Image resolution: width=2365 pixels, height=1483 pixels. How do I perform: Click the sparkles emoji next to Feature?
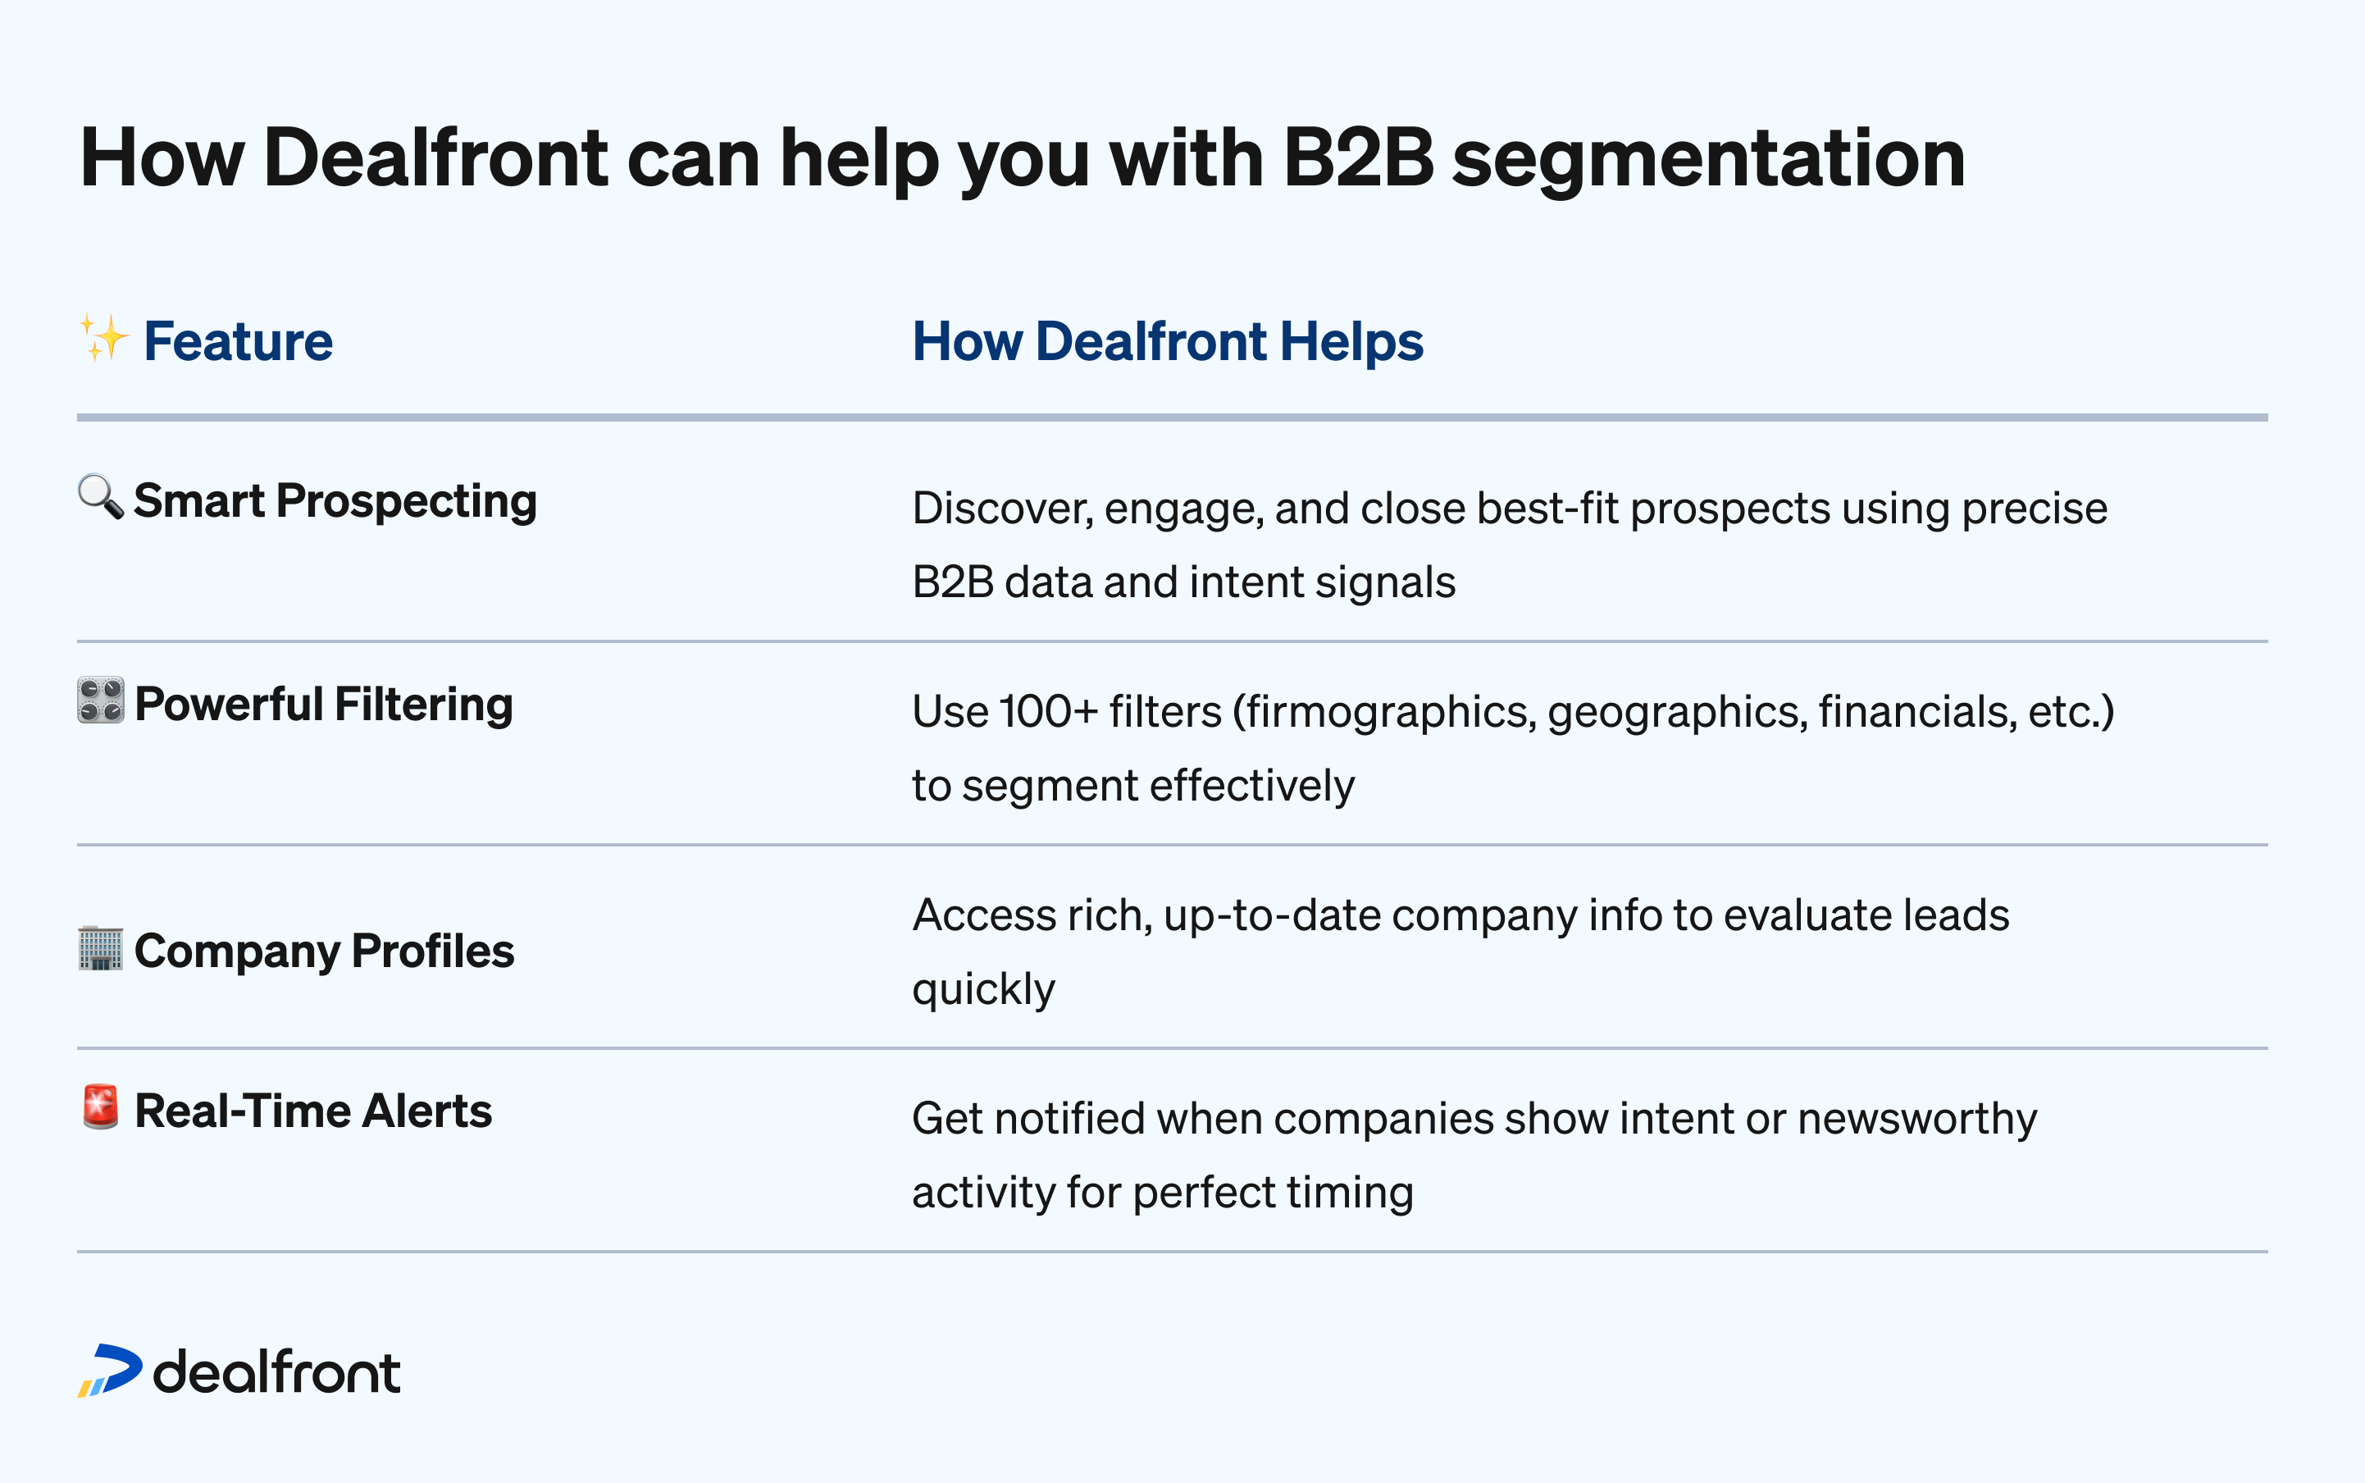tap(103, 339)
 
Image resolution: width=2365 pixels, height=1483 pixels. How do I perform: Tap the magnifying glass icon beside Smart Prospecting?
tap(100, 497)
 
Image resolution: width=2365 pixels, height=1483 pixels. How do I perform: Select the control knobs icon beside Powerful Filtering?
tap(100, 700)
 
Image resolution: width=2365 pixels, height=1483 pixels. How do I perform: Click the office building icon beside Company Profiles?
tap(100, 948)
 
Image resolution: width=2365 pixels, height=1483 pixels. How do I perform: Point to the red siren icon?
tap(100, 1107)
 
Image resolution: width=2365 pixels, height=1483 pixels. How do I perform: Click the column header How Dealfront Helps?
tap(1167, 341)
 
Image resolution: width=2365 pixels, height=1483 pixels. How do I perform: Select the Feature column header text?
tap(239, 341)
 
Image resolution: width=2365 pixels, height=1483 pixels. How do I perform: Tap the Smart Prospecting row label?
tap(335, 501)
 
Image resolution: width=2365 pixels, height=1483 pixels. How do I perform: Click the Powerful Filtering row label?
tap(324, 705)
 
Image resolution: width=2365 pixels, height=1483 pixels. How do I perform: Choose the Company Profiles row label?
tap(324, 951)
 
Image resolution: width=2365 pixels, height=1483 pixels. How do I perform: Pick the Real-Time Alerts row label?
tap(312, 1111)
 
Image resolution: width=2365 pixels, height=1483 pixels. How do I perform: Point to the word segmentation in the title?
tap(1708, 159)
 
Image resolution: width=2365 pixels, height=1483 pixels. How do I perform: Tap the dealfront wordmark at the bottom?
tap(276, 1371)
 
